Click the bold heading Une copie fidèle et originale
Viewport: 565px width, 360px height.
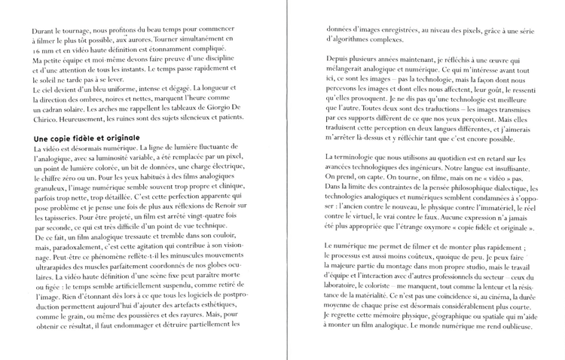click(87, 139)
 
